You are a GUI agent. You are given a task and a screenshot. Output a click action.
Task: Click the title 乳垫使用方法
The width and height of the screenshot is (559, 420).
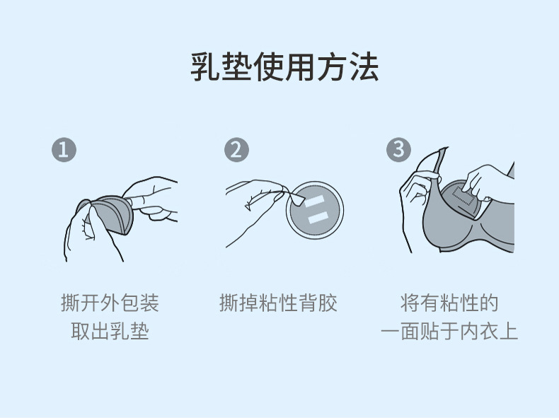284,66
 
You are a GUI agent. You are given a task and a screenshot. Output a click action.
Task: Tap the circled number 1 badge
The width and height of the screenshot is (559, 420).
64,150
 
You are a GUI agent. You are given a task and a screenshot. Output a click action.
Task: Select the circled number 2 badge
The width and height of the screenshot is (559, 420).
236,150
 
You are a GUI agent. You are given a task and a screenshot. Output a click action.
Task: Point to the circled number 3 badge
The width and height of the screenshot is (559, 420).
398,150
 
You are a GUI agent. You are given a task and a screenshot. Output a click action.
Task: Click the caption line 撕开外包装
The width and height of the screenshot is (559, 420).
110,303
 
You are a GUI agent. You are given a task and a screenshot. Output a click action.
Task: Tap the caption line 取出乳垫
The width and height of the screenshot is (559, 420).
110,331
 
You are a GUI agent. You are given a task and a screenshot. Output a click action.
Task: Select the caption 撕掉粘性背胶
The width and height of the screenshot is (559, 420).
278,303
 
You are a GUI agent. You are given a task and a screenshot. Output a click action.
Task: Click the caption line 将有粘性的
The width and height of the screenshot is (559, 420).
449,303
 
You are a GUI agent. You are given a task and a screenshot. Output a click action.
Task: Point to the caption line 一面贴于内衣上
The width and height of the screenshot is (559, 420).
449,331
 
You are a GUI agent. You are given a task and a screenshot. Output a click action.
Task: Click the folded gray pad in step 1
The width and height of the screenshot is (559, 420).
110,214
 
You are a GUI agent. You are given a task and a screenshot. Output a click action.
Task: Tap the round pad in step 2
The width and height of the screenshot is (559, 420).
315,210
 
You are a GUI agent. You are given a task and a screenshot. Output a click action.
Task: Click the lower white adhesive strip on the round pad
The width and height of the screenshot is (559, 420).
318,217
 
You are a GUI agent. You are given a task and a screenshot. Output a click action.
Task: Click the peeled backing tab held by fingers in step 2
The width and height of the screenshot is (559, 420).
296,197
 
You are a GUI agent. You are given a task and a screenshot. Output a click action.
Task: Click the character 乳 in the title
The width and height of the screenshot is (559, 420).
205,66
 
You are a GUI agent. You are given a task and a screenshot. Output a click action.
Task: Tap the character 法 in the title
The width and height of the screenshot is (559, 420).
364,66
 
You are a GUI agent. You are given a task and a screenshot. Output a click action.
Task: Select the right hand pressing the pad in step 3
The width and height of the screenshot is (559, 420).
488,182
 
